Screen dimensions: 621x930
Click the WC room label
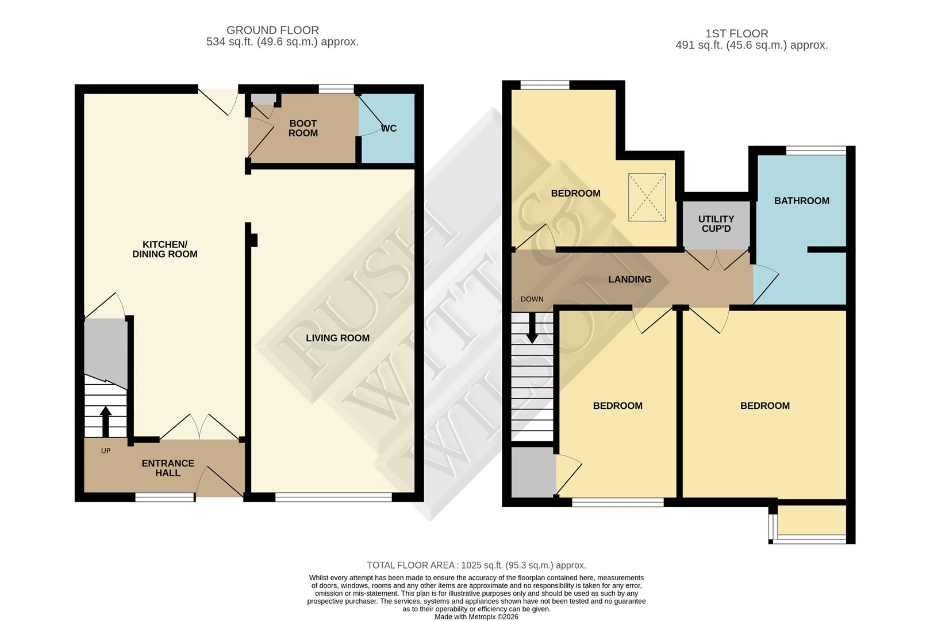pos(389,128)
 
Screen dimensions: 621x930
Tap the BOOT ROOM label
pos(303,128)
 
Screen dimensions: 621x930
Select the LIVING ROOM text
pos(337,338)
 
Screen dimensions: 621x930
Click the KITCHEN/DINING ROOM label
pos(165,249)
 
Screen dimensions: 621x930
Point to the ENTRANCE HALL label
pos(168,468)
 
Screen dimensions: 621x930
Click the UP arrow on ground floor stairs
pos(105,421)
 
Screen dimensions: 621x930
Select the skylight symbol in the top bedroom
pos(647,197)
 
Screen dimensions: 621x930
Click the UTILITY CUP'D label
pos(716,224)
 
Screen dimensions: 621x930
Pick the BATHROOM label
pos(801,201)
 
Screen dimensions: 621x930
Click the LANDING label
pos(630,279)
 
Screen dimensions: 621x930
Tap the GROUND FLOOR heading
pos(272,30)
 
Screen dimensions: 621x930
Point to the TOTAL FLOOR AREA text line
pos(476,565)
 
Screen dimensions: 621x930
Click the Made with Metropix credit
pos(476,616)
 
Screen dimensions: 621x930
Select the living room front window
pos(333,497)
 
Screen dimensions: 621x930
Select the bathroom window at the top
pos(816,151)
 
